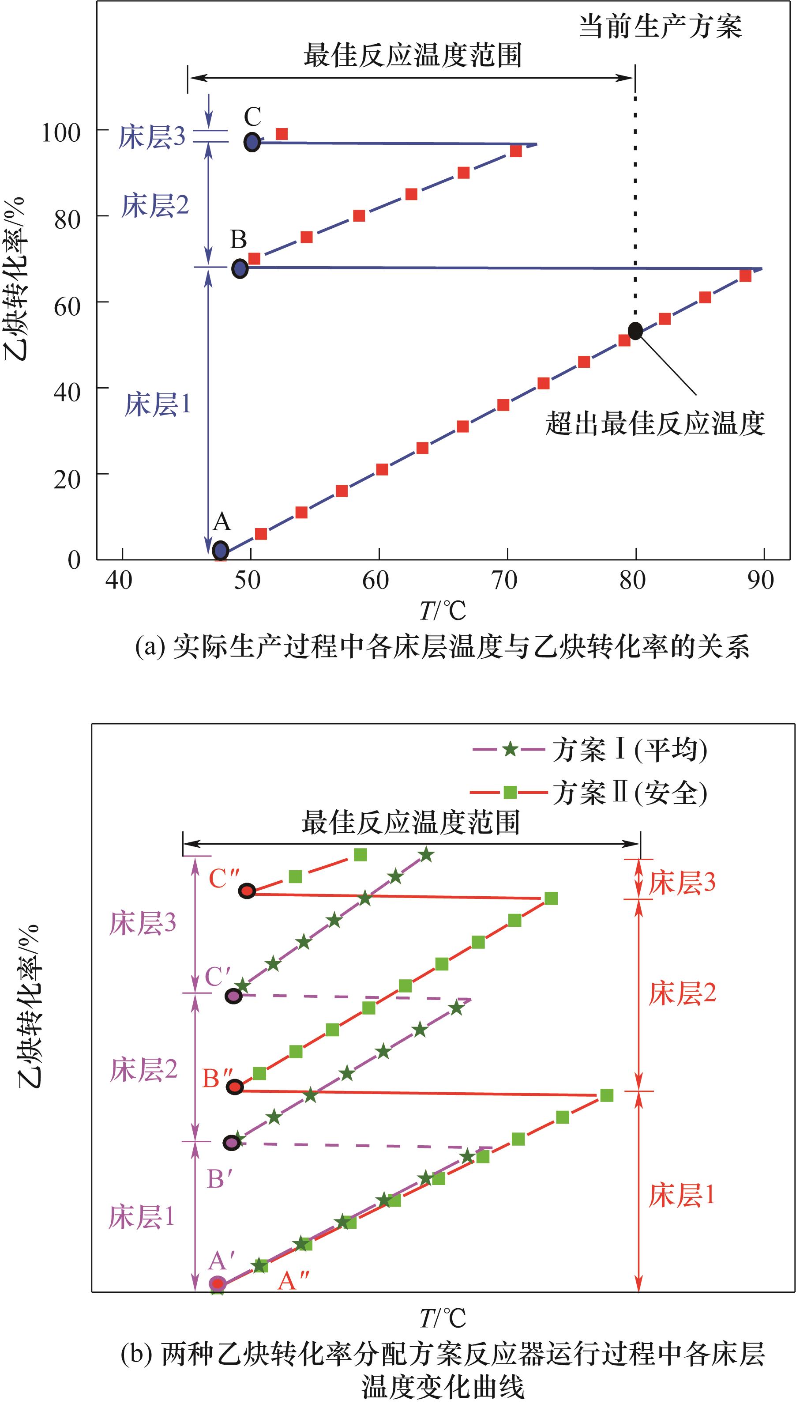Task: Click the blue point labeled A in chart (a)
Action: click(220, 550)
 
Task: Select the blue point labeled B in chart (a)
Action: click(240, 268)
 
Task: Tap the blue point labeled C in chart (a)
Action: click(252, 142)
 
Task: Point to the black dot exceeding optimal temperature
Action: click(635, 330)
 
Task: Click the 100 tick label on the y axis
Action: click(61, 132)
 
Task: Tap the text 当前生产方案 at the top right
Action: click(661, 26)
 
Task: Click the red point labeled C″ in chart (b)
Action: click(247, 891)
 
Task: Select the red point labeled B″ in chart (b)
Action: click(235, 1087)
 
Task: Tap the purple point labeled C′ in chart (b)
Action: click(233, 996)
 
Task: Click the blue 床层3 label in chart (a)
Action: click(152, 137)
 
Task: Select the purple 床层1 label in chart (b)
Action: click(142, 1218)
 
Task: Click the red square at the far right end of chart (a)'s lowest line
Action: click(745, 276)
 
